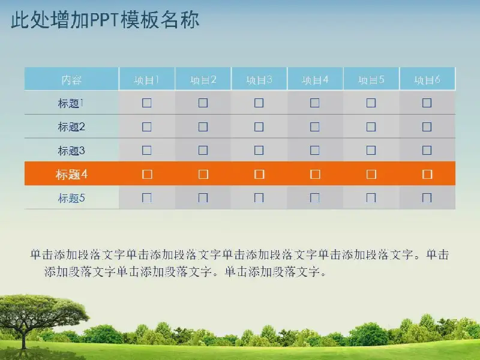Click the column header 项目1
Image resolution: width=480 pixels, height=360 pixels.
(146, 80)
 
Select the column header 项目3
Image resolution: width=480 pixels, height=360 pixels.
(259, 80)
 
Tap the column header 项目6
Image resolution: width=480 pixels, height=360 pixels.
(427, 80)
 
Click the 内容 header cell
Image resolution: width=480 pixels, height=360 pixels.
(71, 80)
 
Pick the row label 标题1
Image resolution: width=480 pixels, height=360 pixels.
(71, 103)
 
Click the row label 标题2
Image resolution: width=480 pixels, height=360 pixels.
(71, 127)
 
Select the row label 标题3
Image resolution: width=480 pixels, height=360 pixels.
(71, 151)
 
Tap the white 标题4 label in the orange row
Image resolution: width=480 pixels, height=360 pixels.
(71, 174)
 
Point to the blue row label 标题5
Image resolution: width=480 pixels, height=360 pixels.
(71, 198)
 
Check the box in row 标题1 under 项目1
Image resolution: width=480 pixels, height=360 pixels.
(147, 103)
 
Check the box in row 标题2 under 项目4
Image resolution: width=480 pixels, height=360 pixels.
(314, 127)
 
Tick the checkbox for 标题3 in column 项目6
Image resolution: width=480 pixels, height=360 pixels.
(427, 151)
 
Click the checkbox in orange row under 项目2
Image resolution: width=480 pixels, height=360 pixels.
(203, 174)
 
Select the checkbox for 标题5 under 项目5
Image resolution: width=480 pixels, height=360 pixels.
(371, 198)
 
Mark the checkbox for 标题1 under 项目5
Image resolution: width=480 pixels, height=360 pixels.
(371, 103)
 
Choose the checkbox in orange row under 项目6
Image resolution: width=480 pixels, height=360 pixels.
(427, 174)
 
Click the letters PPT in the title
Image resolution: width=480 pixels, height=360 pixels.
(104, 20)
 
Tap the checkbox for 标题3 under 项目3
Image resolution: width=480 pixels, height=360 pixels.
(259, 151)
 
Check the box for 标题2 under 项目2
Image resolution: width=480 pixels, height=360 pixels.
(203, 127)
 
